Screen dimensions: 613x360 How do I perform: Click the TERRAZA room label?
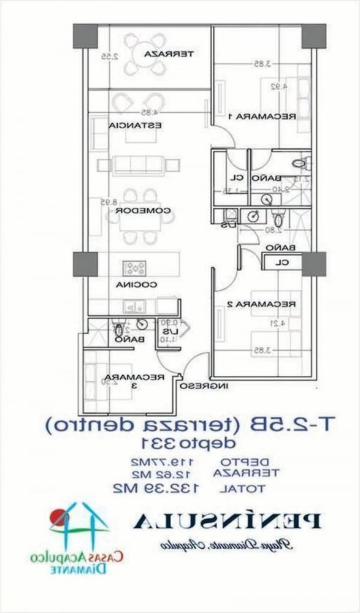point(169,55)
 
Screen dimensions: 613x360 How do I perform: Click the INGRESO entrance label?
point(205,386)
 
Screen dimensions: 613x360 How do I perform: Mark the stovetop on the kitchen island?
point(135,267)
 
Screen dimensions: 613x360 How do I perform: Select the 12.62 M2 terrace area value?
point(159,474)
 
